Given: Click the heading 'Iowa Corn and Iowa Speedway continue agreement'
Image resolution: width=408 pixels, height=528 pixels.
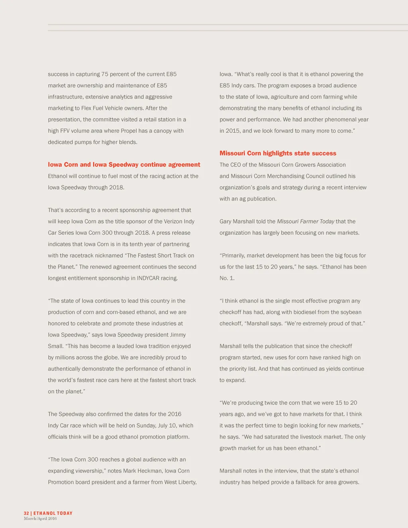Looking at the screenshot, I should [x=124, y=165].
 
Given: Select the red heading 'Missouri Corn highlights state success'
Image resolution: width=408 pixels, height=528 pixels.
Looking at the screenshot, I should [x=278, y=153].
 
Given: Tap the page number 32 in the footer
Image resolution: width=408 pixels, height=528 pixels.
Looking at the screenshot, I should [x=26, y=513].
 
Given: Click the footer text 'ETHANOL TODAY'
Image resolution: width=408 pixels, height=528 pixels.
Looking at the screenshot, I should [x=53, y=513].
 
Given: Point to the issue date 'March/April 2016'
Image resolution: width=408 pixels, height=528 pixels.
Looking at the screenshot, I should [x=40, y=518].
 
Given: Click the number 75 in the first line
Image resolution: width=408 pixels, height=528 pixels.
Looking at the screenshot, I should [x=105, y=74].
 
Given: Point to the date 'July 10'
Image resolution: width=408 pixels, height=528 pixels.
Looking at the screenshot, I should [x=167, y=426].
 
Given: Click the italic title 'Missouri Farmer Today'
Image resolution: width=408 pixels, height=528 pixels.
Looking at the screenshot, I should [x=306, y=222].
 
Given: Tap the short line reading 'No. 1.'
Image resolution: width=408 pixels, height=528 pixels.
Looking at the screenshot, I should [x=227, y=278].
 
